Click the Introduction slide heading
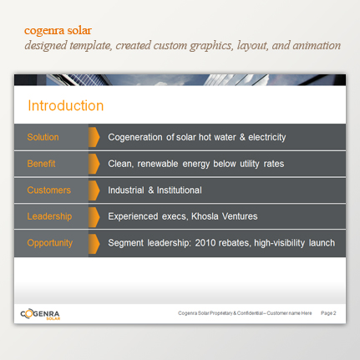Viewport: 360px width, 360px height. (x=66, y=106)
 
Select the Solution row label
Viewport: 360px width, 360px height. (x=43, y=137)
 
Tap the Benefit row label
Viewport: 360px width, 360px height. (x=41, y=164)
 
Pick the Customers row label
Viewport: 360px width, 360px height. (x=49, y=190)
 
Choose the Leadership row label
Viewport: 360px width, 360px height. (x=49, y=216)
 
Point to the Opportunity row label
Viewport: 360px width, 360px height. (x=50, y=243)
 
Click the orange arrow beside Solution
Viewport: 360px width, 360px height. (x=94, y=137)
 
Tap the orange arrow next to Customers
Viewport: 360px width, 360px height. (x=94, y=190)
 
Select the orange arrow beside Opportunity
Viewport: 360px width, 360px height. (x=94, y=244)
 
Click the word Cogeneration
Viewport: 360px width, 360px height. (x=135, y=137)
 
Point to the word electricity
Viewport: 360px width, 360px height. (x=267, y=137)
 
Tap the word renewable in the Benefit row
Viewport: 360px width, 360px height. (x=158, y=164)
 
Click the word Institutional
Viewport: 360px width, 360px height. (x=180, y=190)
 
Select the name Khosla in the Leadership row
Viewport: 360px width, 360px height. (x=205, y=216)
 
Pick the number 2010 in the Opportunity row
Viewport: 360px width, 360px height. (x=205, y=243)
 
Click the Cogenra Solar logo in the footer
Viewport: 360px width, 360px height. (x=40, y=315)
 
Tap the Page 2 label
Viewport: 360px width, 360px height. (x=328, y=313)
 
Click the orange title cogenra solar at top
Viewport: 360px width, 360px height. (x=58, y=31)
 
